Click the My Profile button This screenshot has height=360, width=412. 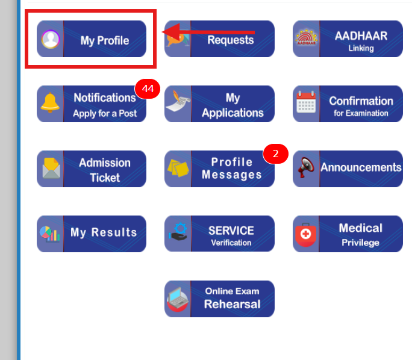click(x=92, y=40)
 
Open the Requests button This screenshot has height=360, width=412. click(x=219, y=40)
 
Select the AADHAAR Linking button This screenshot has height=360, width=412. click(x=348, y=40)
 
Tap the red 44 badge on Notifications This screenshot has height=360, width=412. click(x=148, y=89)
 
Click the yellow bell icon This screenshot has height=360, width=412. click(x=50, y=104)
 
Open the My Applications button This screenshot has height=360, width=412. click(x=219, y=104)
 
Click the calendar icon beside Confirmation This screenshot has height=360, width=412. click(x=306, y=104)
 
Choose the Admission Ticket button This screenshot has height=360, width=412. click(x=92, y=169)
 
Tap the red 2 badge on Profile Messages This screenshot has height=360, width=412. click(x=276, y=154)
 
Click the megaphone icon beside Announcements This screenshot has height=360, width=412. click(x=306, y=169)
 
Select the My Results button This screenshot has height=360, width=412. click(x=92, y=234)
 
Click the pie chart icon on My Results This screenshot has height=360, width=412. click(x=49, y=234)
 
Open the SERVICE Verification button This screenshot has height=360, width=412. click(x=219, y=234)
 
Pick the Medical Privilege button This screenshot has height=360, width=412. click(x=348, y=234)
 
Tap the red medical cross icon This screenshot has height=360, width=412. click(x=306, y=234)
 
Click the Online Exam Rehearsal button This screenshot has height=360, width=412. click(x=219, y=299)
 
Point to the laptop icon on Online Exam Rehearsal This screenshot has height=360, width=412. click(x=178, y=299)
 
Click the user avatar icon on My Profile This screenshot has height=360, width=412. click(x=50, y=40)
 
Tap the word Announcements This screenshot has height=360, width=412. click(x=361, y=167)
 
